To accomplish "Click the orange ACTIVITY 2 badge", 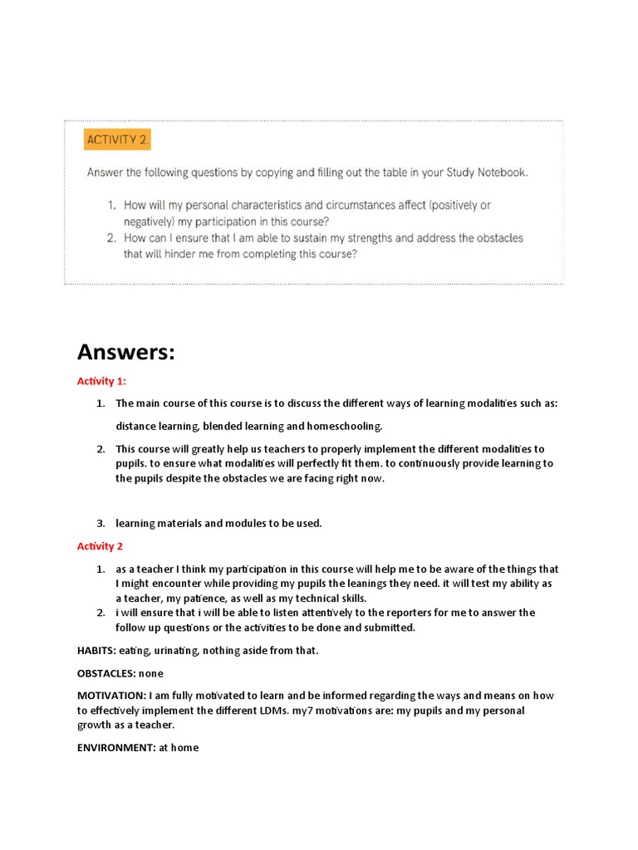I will click(x=117, y=139).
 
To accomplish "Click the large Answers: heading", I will click(x=126, y=352).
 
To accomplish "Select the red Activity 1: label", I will click(x=101, y=382).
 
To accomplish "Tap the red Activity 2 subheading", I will click(x=100, y=546).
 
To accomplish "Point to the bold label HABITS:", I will click(x=96, y=651).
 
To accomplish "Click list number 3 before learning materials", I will click(x=100, y=523).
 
